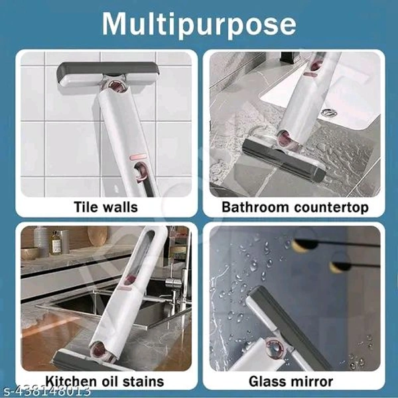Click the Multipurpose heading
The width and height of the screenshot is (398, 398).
[x=199, y=24]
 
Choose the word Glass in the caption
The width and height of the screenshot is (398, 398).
[x=265, y=381]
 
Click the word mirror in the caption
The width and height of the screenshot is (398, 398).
[x=310, y=381]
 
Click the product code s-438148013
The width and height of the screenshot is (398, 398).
[x=45, y=391]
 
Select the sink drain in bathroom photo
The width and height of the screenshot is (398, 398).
[x=329, y=113]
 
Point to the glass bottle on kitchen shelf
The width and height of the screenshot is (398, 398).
[x=56, y=242]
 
